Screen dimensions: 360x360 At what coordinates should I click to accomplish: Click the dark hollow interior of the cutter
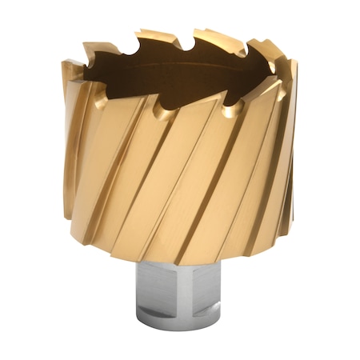point(160,76)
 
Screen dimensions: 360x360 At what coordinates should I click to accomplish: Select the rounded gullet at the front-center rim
point(162,111)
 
